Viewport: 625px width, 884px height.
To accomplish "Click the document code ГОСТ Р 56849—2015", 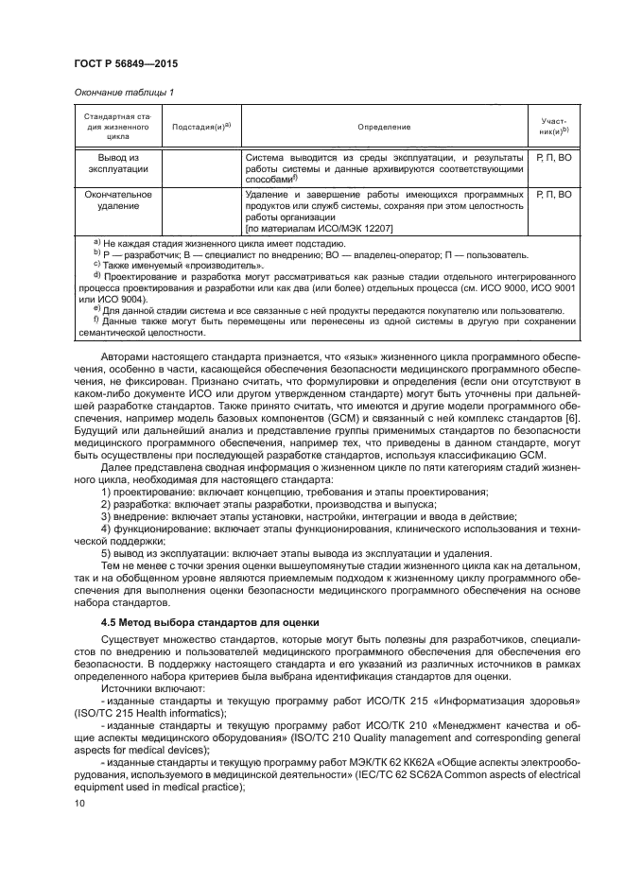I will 127,63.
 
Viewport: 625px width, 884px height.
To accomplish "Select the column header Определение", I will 383,126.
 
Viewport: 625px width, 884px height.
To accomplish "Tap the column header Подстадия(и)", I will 201,126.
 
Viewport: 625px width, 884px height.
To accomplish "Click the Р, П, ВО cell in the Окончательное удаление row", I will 553,194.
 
